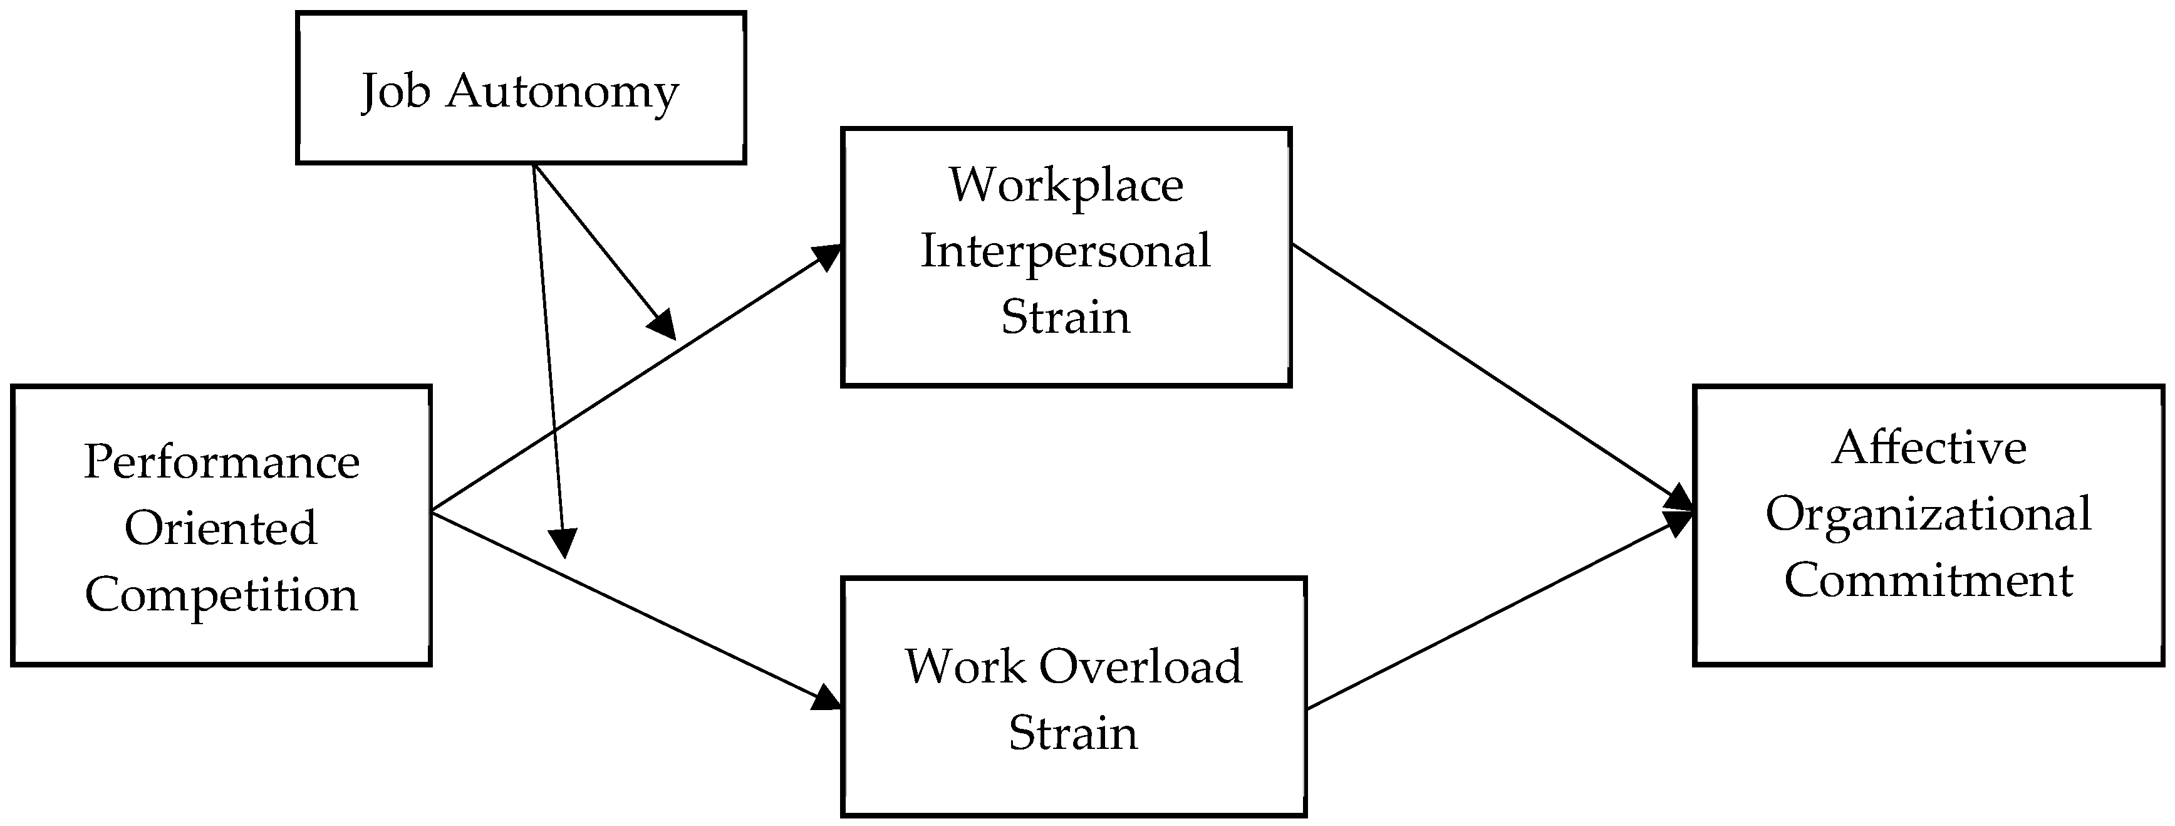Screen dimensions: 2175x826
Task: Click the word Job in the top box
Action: pyautogui.click(x=394, y=92)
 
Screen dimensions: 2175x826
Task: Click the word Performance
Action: pyautogui.click(x=222, y=462)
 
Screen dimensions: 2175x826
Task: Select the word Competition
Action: pyautogui.click(x=221, y=596)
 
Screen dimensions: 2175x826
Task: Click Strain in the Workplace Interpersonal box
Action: pyautogui.click(x=1066, y=318)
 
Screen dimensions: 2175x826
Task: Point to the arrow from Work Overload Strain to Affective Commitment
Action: pyautogui.click(x=1500, y=612)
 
